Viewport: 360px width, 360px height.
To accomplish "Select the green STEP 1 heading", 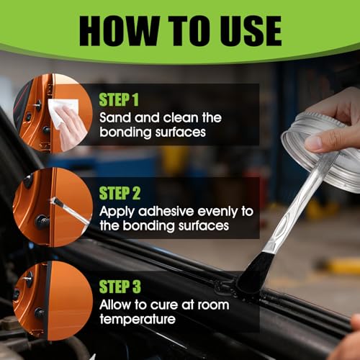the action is [119, 99].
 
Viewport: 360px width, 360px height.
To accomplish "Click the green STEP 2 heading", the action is [120, 193].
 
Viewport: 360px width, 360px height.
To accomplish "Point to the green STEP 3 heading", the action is [120, 287].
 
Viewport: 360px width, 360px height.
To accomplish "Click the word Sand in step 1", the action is [115, 117].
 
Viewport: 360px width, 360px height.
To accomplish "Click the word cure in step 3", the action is [164, 305].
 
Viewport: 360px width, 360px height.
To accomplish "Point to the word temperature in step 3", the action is [138, 320].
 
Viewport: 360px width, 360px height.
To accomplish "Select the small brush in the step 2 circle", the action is [70, 210].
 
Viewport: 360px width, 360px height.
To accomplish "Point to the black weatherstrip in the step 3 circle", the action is [47, 300].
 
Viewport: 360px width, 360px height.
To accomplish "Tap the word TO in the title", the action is [186, 31].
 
